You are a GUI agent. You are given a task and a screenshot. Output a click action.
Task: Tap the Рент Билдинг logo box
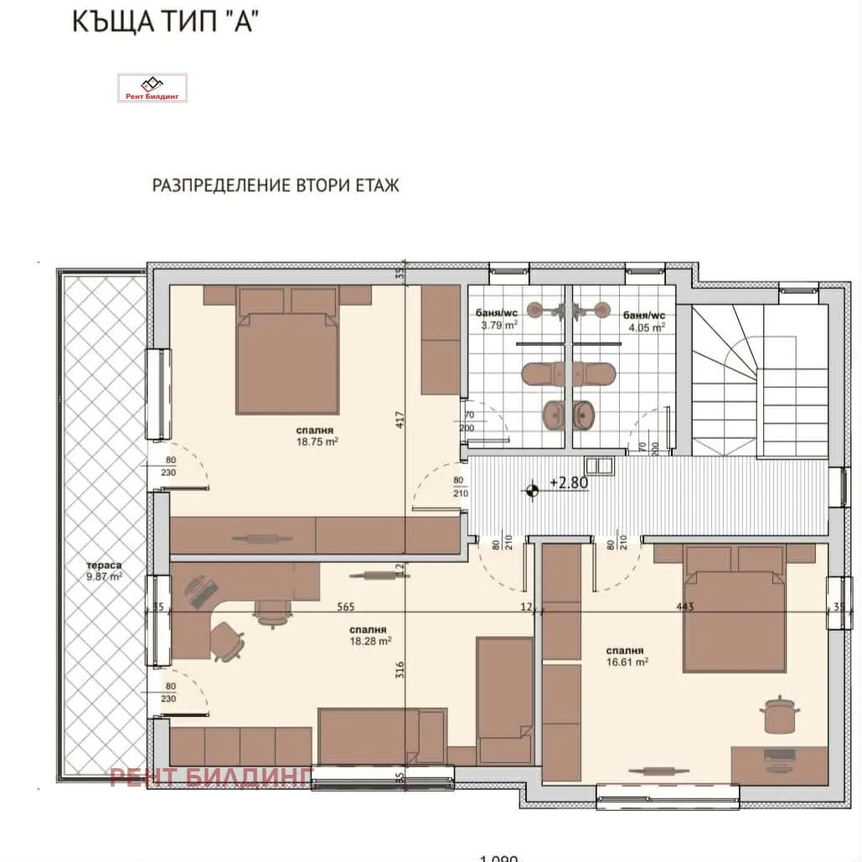click(152, 88)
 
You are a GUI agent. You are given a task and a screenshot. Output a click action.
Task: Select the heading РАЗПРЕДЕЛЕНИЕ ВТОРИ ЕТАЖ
click(276, 185)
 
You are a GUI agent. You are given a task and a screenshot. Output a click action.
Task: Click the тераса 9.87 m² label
click(104, 570)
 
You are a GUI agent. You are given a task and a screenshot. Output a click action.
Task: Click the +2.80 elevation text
click(568, 484)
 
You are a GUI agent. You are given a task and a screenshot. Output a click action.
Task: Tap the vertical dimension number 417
click(400, 416)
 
